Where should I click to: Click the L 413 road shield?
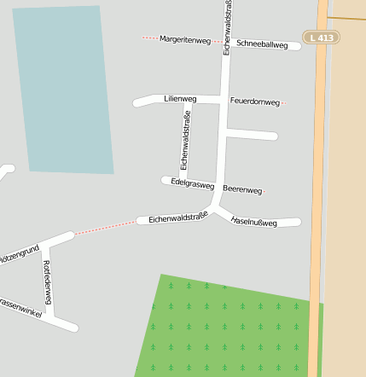pos(321,38)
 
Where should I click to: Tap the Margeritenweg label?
pos(185,40)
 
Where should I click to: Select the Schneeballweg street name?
pos(262,44)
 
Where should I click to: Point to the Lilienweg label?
pos(180,99)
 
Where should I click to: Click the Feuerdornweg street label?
pos(254,101)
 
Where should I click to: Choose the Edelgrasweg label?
pos(192,183)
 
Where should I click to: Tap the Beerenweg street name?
pos(242,189)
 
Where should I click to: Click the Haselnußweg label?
pos(253,222)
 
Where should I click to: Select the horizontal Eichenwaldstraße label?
pos(178,218)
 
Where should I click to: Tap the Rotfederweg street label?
pos(48,282)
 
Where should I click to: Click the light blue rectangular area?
pos(64,90)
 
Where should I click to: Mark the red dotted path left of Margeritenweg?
pos(149,38)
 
